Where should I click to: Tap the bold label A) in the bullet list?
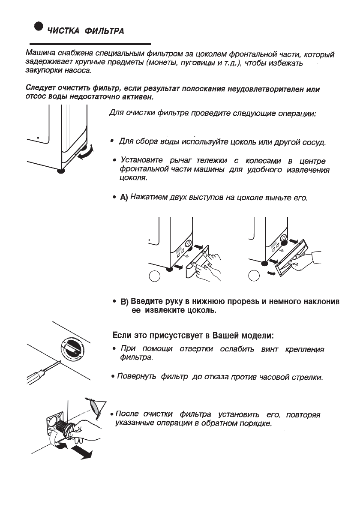(x=124, y=198)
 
